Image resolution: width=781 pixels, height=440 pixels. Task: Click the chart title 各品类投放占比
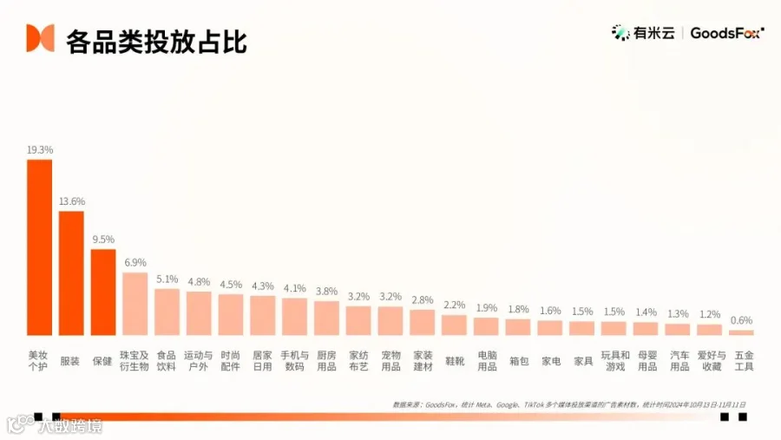coord(156,39)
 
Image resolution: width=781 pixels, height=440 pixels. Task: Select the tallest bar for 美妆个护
coord(39,247)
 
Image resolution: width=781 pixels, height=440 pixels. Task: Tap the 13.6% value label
coord(71,201)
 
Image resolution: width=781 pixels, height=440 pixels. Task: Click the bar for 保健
coord(103,292)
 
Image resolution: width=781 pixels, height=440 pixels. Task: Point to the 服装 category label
coord(70,361)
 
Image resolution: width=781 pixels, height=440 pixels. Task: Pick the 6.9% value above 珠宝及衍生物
coord(135,262)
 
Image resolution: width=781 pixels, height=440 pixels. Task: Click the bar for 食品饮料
coord(167,312)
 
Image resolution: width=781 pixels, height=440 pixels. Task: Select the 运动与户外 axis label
coord(198,361)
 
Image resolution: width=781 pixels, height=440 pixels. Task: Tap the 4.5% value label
coord(231,284)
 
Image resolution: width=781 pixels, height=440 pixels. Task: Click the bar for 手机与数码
coord(294,317)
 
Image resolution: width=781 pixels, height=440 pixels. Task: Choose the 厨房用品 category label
coord(326,361)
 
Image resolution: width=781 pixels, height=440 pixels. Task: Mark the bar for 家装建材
coord(423,322)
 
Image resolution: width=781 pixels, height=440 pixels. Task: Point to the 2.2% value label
coord(454,305)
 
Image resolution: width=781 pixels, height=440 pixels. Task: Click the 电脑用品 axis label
coord(487,361)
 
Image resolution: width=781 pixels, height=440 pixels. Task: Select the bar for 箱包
coord(518,327)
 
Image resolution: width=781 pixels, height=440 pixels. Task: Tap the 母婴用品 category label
coord(646,361)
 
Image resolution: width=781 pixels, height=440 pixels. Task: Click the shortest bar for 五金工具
coord(741,332)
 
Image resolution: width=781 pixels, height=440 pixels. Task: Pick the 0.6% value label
coord(741,319)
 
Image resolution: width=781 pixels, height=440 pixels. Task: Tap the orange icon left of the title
coord(40,38)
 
